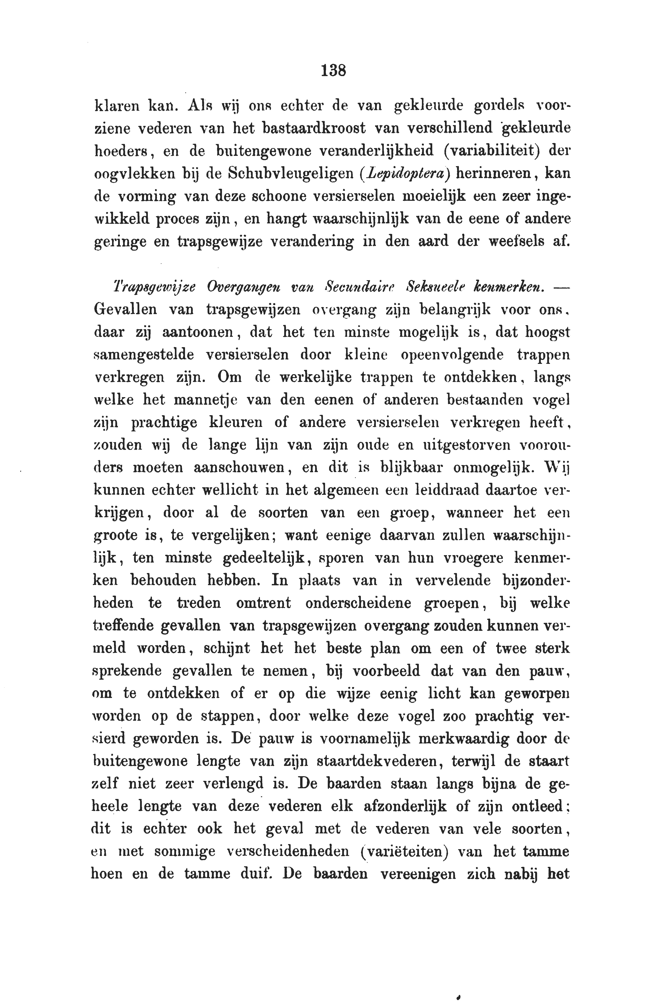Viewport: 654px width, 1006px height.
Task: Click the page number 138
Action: [333, 70]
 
